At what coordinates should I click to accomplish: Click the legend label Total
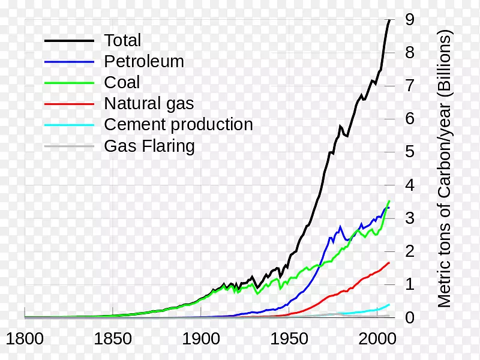click(x=122, y=41)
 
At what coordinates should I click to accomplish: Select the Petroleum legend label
click(x=144, y=62)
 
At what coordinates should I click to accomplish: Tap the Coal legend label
click(x=122, y=83)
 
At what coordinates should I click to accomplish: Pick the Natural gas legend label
click(x=149, y=104)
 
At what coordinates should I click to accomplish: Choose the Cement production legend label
click(x=178, y=125)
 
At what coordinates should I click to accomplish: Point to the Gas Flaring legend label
click(x=149, y=146)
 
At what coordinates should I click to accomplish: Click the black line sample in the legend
click(x=69, y=41)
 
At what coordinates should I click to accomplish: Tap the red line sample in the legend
click(x=69, y=104)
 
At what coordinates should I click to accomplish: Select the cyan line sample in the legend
click(x=69, y=125)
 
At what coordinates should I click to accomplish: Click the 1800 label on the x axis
click(x=25, y=338)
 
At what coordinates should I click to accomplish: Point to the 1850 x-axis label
click(x=113, y=338)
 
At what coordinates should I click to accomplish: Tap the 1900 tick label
click(x=201, y=338)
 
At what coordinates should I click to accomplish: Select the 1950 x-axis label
click(x=289, y=338)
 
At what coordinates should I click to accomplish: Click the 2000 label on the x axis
click(x=377, y=338)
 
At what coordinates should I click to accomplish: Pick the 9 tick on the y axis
click(x=410, y=19)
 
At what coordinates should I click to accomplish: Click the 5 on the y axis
click(x=410, y=151)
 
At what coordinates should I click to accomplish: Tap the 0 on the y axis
click(x=410, y=317)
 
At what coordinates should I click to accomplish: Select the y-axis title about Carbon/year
click(x=445, y=169)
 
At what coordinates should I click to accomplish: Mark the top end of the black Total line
click(x=389, y=20)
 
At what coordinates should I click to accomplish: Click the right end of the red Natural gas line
click(x=389, y=263)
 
